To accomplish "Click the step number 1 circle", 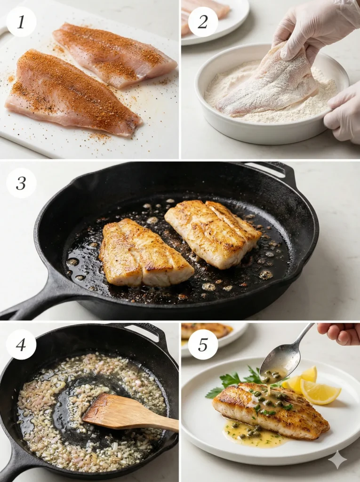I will click(21, 22).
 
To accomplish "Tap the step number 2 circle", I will click(203, 22).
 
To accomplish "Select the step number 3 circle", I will click(21, 183).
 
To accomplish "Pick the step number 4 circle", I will click(21, 345).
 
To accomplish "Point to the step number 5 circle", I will click(203, 345).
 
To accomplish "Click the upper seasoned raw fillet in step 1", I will click(113, 54).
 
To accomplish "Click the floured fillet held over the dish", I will click(268, 85).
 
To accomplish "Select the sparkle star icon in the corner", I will click(337, 459).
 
